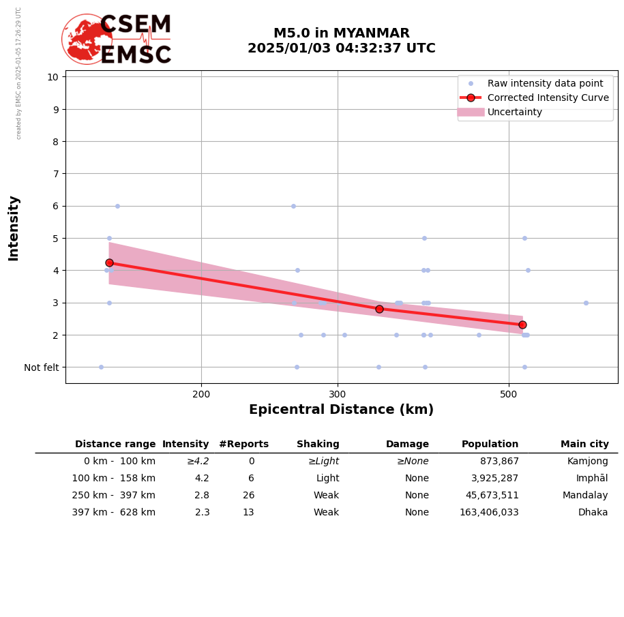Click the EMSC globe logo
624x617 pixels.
point(87,39)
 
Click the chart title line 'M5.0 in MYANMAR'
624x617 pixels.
point(341,33)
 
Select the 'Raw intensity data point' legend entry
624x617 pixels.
point(545,84)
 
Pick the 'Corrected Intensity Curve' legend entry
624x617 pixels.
point(548,98)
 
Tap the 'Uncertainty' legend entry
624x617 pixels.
point(514,112)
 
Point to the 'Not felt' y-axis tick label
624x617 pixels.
point(42,368)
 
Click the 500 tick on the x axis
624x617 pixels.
point(509,393)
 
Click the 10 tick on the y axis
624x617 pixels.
point(53,77)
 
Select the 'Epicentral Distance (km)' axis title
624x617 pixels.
point(341,410)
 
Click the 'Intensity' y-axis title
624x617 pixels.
point(14,228)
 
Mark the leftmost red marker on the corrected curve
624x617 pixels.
point(109,262)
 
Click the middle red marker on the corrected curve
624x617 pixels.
point(379,309)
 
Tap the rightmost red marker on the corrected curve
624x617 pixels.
point(522,325)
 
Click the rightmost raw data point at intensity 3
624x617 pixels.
point(586,303)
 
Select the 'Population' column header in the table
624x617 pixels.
point(490,445)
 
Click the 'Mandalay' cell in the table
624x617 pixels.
point(585,496)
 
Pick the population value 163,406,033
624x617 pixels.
point(489,513)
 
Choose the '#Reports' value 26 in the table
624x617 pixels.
point(248,496)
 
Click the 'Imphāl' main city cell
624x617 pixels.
point(592,479)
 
